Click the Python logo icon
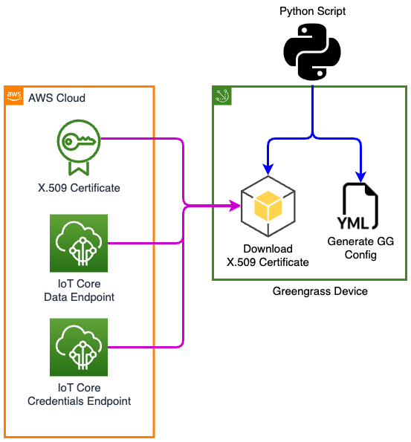(312, 52)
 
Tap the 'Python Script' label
(312, 11)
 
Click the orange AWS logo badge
(14, 96)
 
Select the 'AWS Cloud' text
(56, 98)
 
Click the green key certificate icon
(79, 147)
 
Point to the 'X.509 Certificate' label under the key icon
(79, 188)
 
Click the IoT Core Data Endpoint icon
(79, 243)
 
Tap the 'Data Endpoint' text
(79, 297)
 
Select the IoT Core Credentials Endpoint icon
(79, 348)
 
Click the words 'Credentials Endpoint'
(79, 401)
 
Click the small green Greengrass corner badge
(222, 96)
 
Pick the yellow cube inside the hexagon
(268, 206)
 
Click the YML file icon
(358, 206)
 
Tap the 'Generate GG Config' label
(360, 248)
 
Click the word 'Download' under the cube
(268, 249)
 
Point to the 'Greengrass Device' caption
(320, 291)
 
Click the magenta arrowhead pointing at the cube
(235, 206)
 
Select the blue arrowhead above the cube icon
(268, 169)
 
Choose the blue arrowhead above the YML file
(360, 177)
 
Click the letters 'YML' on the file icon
(353, 224)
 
